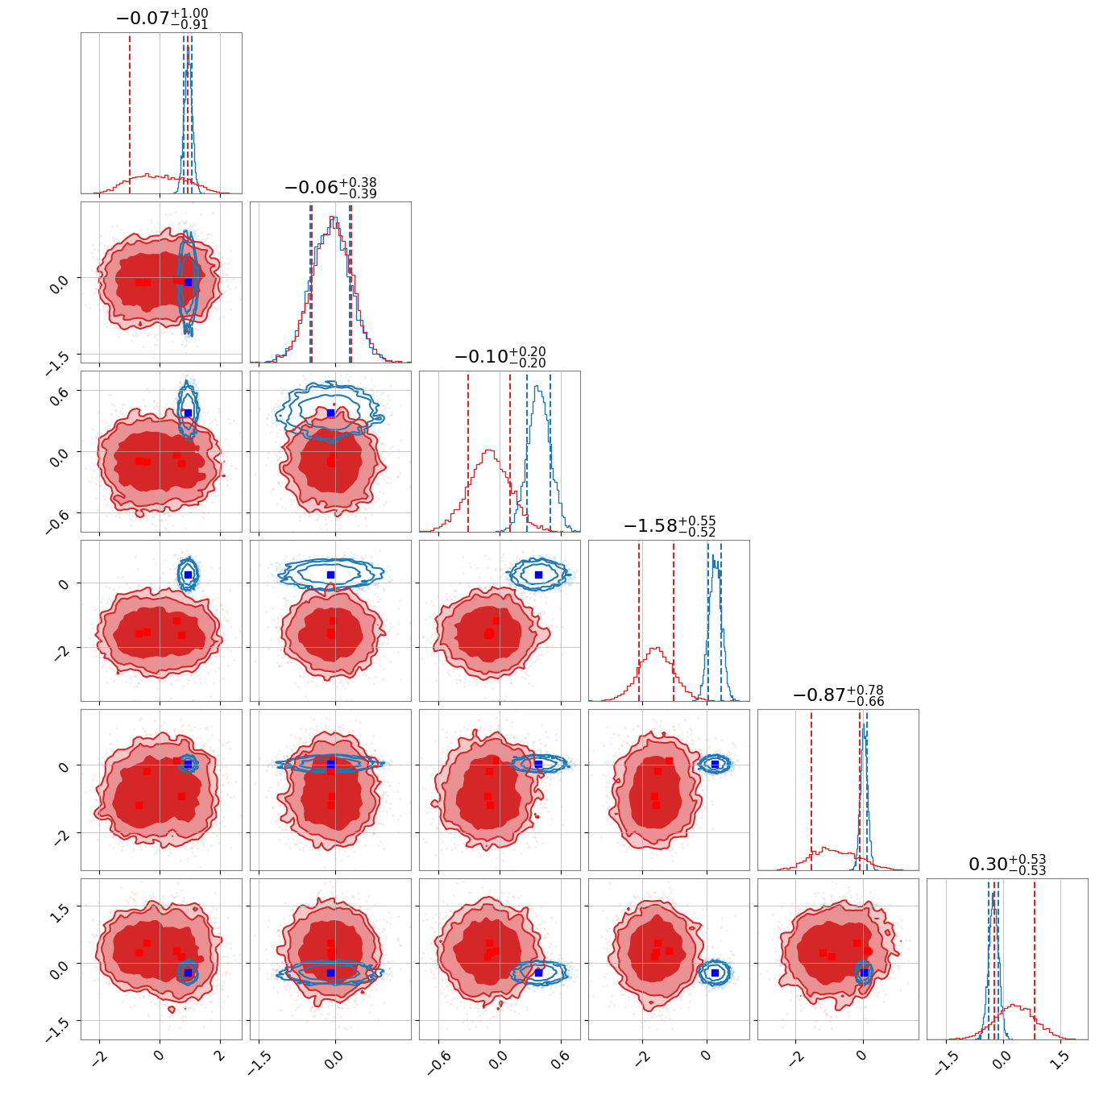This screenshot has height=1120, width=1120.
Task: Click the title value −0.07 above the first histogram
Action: pyautogui.click(x=162, y=18)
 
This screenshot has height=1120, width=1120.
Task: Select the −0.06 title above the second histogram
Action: pyautogui.click(x=330, y=187)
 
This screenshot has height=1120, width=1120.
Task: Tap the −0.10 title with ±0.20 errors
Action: pyautogui.click(x=500, y=356)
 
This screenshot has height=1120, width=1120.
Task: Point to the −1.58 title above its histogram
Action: pyautogui.click(x=669, y=525)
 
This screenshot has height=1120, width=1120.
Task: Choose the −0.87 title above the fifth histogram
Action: pyautogui.click(x=838, y=695)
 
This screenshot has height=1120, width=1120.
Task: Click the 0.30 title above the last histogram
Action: pyautogui.click(x=1007, y=864)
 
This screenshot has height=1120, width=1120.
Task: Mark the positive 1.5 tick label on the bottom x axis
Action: pyautogui.click(x=1060, y=1064)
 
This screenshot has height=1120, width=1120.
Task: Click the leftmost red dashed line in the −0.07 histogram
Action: pyautogui.click(x=130, y=113)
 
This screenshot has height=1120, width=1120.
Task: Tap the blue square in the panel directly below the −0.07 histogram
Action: pyautogui.click(x=188, y=283)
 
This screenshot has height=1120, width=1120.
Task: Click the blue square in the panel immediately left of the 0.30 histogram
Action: pyautogui.click(x=864, y=973)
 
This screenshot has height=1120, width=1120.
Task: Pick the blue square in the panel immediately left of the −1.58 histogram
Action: pyautogui.click(x=538, y=575)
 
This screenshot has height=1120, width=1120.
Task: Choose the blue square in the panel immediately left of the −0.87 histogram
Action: pyautogui.click(x=715, y=764)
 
